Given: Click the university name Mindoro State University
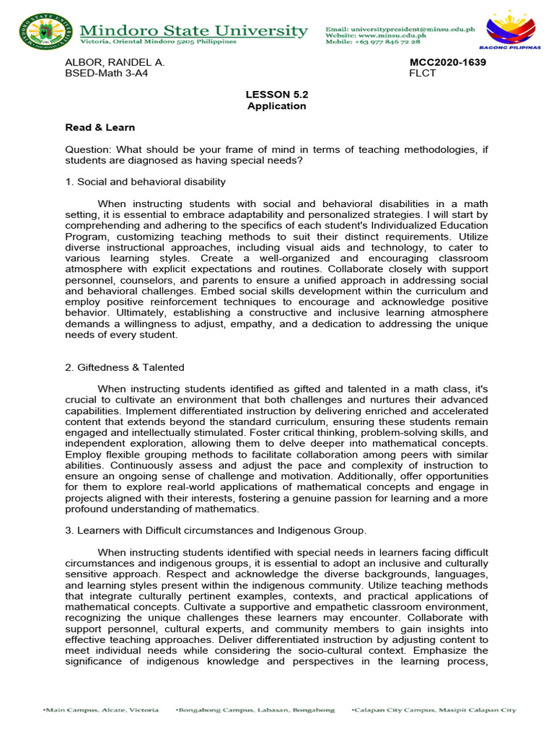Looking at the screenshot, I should click(194, 30).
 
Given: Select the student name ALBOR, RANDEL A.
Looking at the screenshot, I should click(115, 63).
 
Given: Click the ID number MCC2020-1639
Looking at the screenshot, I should click(447, 63).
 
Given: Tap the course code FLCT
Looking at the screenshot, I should click(422, 74).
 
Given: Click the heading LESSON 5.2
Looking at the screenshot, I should click(276, 95).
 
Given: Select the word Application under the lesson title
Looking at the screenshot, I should click(276, 106).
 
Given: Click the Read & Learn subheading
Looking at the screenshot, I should click(100, 128).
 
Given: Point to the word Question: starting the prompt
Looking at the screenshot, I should click(89, 149).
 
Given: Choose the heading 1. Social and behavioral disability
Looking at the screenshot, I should click(145, 181).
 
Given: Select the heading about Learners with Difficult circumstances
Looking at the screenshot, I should click(216, 531).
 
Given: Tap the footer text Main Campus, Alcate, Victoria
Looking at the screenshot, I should click(100, 710).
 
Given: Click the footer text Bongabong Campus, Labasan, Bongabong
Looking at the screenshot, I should click(255, 710).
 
